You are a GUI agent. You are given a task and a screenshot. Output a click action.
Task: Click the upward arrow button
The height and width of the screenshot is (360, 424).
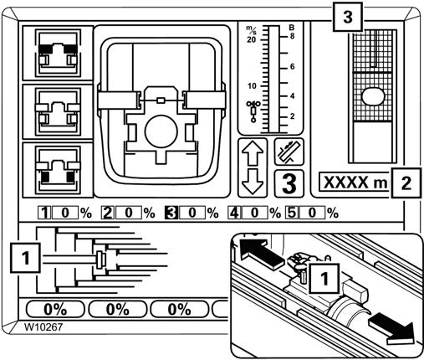click(x=253, y=153)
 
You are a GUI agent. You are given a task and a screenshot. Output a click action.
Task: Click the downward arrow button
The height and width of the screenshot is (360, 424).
click(x=253, y=182)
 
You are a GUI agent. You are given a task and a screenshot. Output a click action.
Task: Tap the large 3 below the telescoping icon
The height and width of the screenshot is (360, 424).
click(x=289, y=183)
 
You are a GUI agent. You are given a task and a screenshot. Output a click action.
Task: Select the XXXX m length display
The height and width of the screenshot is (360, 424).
click(x=355, y=183)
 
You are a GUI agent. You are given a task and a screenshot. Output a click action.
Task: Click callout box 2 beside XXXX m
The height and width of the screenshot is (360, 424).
click(x=406, y=183)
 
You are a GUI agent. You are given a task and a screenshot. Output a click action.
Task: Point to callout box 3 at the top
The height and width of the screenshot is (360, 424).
click(x=347, y=17)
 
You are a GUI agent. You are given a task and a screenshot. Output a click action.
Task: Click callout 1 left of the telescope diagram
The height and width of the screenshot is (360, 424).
click(x=25, y=258)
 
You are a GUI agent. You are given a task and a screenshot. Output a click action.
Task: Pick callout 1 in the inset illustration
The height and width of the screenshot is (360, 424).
click(x=324, y=278)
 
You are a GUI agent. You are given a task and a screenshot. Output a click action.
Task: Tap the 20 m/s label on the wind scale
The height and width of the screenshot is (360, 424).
click(x=251, y=40)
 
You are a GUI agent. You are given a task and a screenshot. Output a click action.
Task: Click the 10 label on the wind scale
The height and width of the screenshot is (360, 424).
click(x=252, y=85)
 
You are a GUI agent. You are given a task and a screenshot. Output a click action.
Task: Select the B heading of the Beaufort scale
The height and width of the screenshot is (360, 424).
click(x=292, y=28)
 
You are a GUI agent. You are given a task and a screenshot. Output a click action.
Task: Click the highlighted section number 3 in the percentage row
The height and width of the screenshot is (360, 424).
click(x=171, y=213)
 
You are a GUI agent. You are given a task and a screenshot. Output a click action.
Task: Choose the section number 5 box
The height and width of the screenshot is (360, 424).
click(x=291, y=213)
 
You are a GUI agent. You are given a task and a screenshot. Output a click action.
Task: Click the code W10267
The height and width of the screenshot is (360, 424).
click(x=43, y=327)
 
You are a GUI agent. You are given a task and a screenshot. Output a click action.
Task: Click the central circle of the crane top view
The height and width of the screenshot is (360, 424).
click(x=161, y=131)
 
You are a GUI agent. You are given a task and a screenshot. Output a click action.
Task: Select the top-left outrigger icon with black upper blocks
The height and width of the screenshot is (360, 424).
click(x=58, y=53)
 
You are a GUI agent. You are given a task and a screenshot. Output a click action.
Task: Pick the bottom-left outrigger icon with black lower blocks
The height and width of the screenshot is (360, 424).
click(x=58, y=170)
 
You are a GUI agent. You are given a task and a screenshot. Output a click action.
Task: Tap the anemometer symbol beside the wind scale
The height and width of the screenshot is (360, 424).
click(x=253, y=111)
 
